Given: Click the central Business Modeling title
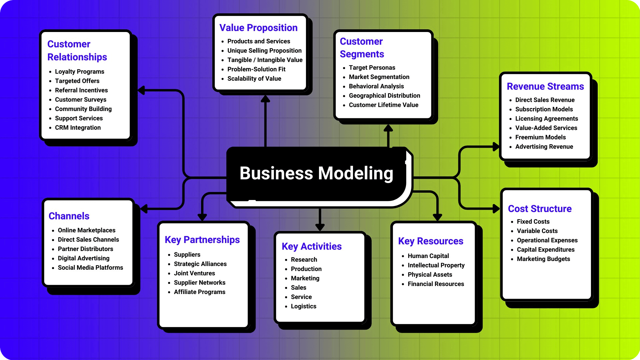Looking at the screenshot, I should [316, 173].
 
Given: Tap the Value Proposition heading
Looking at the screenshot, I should [258, 28].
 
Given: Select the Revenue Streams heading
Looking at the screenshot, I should [545, 86].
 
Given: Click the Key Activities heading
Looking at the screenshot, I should [311, 246].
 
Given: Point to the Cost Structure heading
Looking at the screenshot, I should [539, 209].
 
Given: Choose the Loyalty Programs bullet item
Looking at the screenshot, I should [79, 72].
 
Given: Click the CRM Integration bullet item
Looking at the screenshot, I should [78, 128].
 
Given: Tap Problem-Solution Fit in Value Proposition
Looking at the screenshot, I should [256, 69].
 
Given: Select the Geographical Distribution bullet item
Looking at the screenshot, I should [384, 96].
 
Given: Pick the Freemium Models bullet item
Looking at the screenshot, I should [540, 137].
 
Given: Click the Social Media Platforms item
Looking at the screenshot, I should [90, 268].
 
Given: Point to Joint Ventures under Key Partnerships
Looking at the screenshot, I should [194, 273].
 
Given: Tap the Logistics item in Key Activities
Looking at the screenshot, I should [303, 306].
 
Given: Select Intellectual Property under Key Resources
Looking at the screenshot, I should [436, 265].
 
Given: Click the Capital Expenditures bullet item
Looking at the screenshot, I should [545, 250].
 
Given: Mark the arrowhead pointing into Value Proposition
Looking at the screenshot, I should [265, 99].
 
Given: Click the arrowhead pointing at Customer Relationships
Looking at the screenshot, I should [141, 90].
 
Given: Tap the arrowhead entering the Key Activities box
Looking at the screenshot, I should [320, 227].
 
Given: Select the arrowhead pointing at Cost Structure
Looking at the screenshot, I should [496, 209].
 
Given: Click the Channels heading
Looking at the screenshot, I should [69, 216].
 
